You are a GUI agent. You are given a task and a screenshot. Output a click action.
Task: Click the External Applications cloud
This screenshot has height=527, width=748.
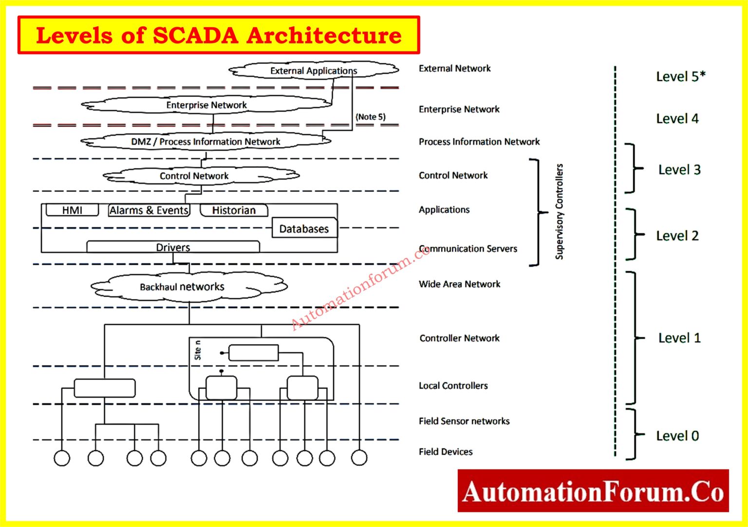click(x=314, y=71)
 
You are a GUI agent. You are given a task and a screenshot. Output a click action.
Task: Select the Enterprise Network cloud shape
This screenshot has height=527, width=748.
click(x=206, y=105)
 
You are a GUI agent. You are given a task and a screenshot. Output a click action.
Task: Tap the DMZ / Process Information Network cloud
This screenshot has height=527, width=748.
click(x=206, y=142)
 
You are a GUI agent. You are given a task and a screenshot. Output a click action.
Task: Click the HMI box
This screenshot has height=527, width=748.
click(x=72, y=210)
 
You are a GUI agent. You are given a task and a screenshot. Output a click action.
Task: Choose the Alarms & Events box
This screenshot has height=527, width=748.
click(x=149, y=210)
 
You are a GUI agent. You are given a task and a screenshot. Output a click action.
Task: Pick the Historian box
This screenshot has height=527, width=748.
click(x=234, y=210)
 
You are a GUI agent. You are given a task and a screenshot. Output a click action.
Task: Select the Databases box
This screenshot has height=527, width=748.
click(x=304, y=228)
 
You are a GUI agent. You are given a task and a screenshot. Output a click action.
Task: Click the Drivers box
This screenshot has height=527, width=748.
click(x=173, y=247)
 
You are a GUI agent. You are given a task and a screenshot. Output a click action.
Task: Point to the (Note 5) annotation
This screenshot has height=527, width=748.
click(x=370, y=117)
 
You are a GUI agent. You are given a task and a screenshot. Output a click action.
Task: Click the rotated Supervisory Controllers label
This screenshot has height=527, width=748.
click(x=559, y=211)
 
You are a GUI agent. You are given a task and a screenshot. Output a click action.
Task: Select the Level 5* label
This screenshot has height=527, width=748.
click(x=680, y=76)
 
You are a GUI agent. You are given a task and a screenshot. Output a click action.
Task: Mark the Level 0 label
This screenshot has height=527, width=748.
click(x=677, y=436)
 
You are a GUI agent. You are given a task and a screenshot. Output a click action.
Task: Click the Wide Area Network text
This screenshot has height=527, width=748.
click(x=459, y=284)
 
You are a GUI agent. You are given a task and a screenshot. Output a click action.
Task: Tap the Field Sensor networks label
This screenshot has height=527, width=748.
click(x=464, y=421)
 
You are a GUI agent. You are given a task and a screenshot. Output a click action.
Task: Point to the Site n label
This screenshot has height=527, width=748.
click(x=197, y=350)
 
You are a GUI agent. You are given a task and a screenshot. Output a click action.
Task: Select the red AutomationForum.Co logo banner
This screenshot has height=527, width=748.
click(x=593, y=491)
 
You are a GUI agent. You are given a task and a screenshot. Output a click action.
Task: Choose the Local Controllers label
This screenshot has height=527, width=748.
click(x=453, y=385)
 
